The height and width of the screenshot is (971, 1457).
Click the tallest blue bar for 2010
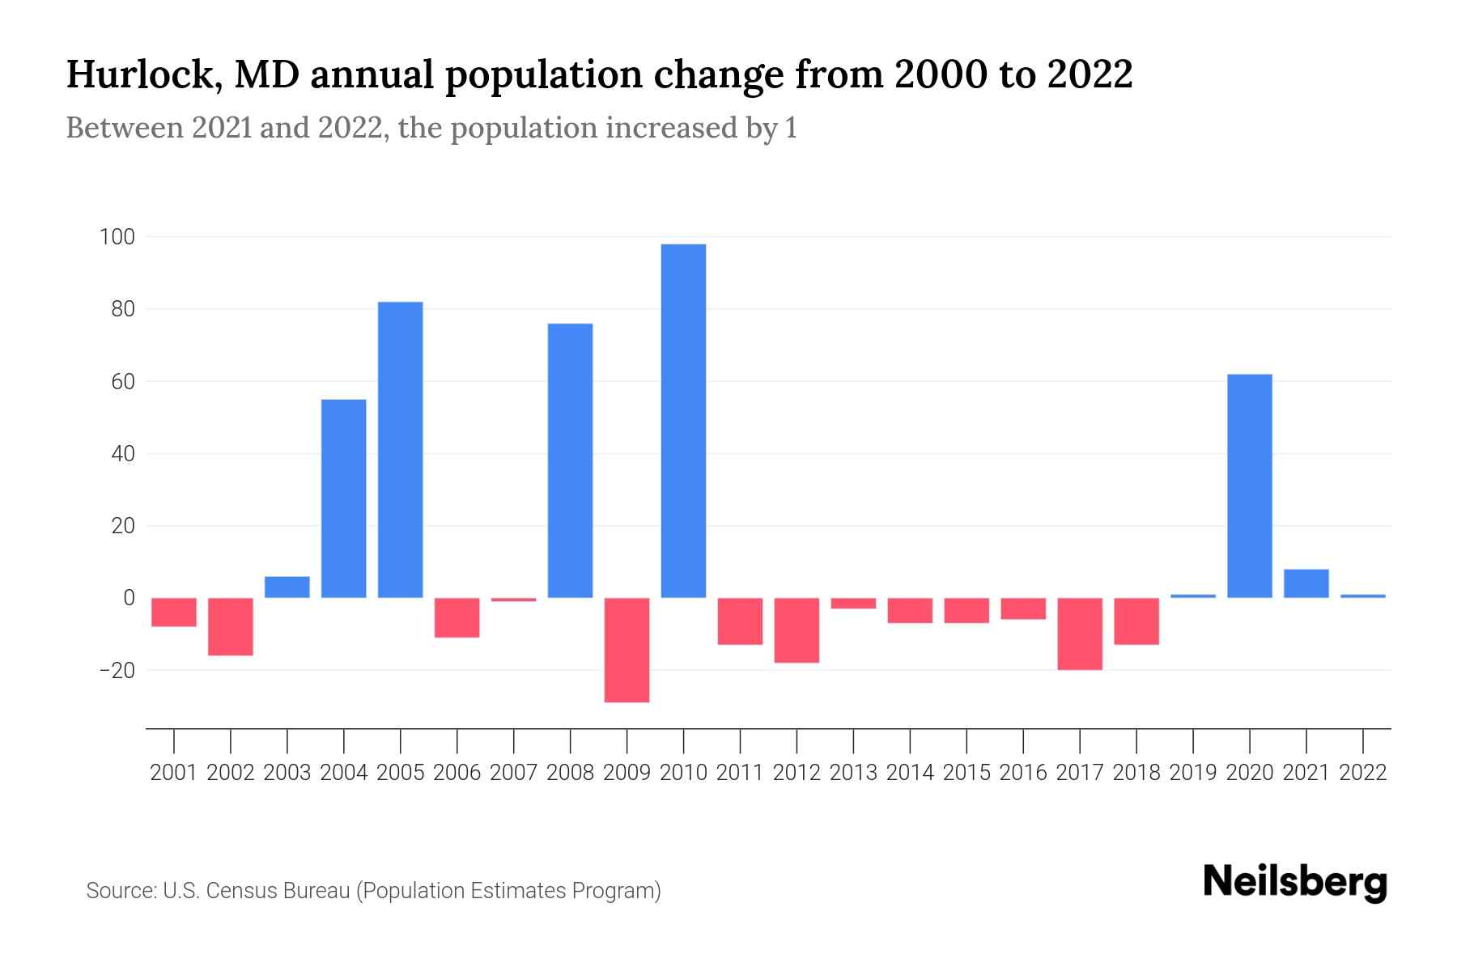point(683,421)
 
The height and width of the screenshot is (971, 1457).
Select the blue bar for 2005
point(400,450)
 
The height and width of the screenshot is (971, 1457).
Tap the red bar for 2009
point(627,650)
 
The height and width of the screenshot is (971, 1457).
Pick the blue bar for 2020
point(1249,485)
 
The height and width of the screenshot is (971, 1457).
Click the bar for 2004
point(343,498)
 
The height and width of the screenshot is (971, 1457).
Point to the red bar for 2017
point(1080,634)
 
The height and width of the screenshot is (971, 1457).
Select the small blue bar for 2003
point(287,587)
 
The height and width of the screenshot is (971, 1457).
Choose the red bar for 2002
point(231,626)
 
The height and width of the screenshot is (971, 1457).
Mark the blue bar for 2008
point(570,460)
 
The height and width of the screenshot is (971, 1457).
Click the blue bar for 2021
point(1306,583)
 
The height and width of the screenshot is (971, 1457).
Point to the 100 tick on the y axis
point(117,237)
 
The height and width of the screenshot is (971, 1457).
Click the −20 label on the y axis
point(117,671)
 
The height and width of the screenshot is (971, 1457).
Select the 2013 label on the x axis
point(853,773)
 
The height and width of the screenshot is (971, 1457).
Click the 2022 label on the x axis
point(1363,773)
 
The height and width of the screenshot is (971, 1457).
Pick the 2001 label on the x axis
point(174,773)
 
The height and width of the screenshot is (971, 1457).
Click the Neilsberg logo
point(1295,882)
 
